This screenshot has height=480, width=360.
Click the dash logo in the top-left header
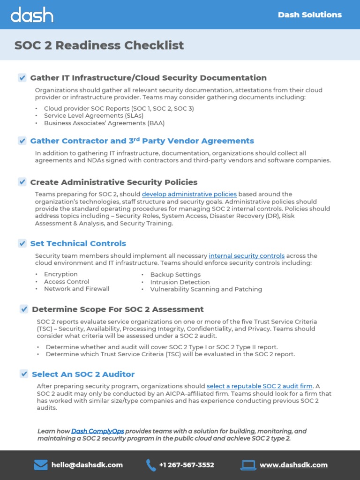(32, 15)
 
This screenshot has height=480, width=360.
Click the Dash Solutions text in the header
(309, 15)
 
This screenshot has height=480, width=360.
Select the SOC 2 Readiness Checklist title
(99, 45)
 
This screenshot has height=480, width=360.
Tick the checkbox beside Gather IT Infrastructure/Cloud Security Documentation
(22, 78)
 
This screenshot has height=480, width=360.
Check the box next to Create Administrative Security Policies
(22, 182)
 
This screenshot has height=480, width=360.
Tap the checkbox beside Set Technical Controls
(22, 243)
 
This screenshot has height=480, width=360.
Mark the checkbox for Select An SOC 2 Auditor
(24, 374)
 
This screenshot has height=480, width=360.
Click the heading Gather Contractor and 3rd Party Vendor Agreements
(142, 141)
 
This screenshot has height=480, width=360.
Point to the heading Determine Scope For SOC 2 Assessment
(118, 309)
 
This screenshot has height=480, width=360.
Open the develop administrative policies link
(189, 194)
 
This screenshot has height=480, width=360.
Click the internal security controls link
(247, 256)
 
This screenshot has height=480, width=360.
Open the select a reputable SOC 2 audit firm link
(260, 386)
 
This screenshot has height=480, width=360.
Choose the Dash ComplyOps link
(97, 431)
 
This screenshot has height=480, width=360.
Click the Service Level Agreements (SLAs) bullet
(93, 116)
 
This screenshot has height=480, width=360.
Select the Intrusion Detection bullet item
(180, 282)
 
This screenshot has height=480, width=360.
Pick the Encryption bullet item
(61, 274)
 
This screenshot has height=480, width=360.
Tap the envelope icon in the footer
(41, 465)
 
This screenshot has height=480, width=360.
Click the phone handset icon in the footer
(151, 465)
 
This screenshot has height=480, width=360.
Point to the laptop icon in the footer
(248, 465)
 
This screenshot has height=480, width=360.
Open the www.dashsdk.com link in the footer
(293, 465)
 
